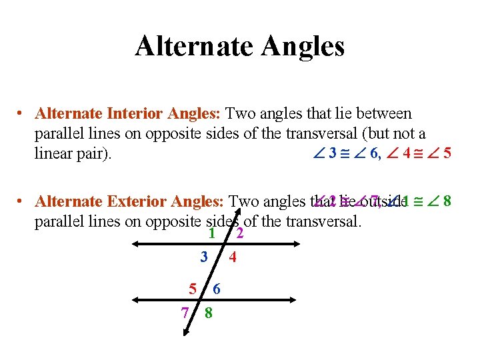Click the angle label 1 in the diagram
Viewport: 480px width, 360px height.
(211, 233)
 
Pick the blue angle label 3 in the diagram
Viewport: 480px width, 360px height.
(204, 256)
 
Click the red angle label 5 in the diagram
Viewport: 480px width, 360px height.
(193, 289)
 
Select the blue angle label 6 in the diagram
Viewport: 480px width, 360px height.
(217, 289)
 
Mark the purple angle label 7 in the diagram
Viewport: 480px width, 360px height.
(185, 312)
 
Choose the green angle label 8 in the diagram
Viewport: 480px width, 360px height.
(209, 312)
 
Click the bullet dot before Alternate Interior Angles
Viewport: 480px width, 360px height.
(22, 115)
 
